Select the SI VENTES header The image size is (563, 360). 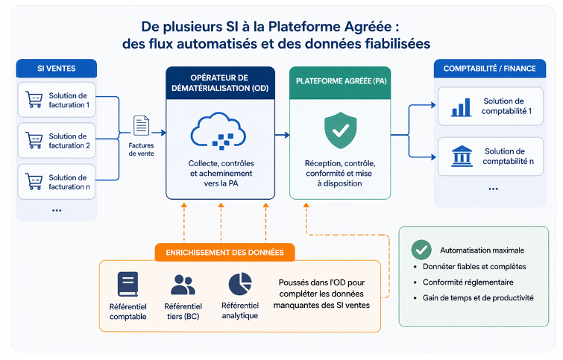point(56,69)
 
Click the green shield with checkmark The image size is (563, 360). point(340,131)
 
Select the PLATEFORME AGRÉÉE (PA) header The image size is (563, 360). point(340,80)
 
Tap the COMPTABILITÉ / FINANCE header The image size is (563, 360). point(489,69)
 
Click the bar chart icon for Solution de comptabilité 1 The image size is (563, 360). point(461,107)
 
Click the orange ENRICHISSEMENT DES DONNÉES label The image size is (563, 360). point(224,252)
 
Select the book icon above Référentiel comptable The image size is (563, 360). point(128,285)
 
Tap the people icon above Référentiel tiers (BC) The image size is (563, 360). point(183,285)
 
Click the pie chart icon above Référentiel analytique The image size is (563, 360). point(239,284)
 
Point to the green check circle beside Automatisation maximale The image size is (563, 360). point(421,250)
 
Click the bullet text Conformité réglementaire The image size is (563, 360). point(468,282)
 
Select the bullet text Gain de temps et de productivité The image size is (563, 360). point(477,297)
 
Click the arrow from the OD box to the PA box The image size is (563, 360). point(281,135)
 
